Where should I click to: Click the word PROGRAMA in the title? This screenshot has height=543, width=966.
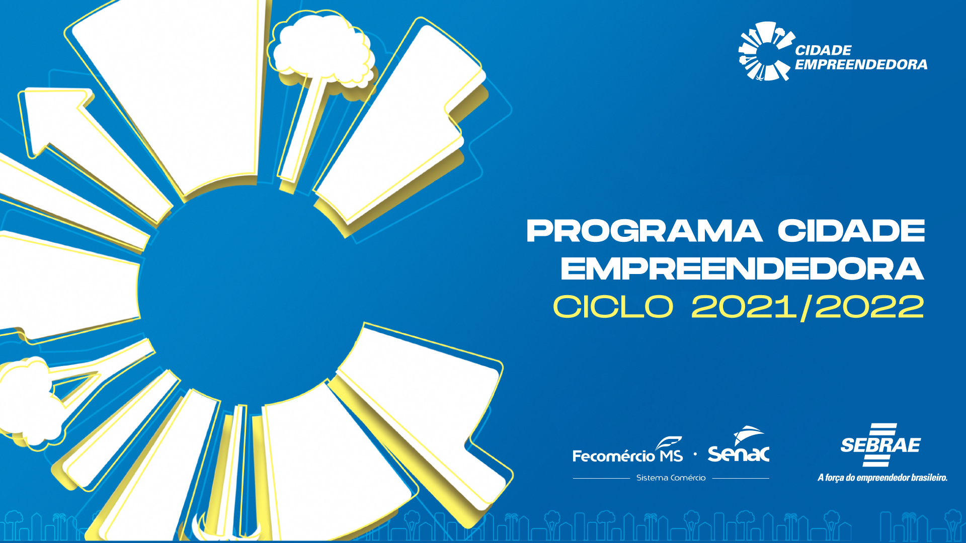(645, 231)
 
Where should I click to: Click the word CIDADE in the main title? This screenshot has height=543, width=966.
(851, 231)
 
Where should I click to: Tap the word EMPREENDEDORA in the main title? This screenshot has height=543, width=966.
(743, 268)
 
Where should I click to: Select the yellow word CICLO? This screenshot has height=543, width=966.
(613, 306)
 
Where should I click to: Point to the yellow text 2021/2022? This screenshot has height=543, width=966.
(808, 307)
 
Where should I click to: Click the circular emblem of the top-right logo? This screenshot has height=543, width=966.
(765, 51)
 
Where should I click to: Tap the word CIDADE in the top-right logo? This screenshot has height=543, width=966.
(823, 50)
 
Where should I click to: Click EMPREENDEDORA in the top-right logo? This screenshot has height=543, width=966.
(861, 64)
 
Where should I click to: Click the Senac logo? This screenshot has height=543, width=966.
(739, 444)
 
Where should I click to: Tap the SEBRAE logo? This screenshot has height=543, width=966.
(880, 445)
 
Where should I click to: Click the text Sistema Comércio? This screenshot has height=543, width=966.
(671, 478)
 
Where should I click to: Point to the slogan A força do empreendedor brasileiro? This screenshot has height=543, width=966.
(882, 478)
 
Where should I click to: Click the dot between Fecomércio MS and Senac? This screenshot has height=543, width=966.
(695, 454)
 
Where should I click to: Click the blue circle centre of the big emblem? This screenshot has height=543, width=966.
(252, 292)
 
